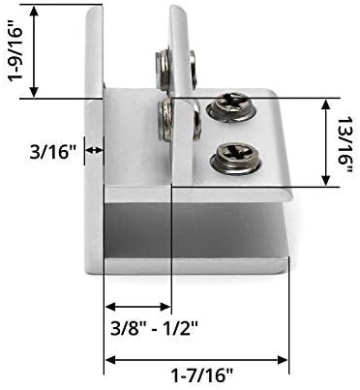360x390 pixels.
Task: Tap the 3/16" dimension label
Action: coord(52,152)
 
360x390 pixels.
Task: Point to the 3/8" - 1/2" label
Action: coord(154,329)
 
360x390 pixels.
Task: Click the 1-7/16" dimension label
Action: coord(201,375)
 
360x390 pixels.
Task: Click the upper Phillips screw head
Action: coord(231,107)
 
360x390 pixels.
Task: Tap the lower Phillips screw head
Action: coord(235,159)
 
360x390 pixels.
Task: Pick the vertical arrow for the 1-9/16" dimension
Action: coord(34,51)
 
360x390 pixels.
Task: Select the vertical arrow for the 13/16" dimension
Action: coord(326,142)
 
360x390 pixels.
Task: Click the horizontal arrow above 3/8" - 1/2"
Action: coord(137,306)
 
